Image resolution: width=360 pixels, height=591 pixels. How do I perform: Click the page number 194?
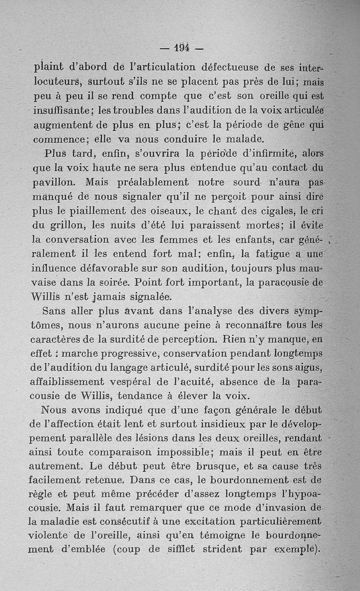(182, 47)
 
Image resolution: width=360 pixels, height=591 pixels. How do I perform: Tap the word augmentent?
(62, 125)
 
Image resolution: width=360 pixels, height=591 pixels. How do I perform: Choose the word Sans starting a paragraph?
(55, 311)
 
